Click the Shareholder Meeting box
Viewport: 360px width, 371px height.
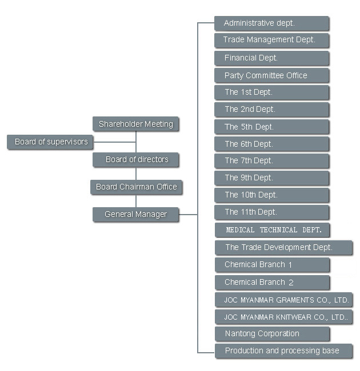coord(135,124)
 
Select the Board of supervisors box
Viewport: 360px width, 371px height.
coord(50,142)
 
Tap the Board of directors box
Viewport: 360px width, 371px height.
coord(136,159)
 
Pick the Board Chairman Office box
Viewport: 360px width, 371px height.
coord(136,187)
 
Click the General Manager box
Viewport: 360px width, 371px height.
coord(135,215)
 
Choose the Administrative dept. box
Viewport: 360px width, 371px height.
coord(271,23)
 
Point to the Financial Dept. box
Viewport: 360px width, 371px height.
coord(271,58)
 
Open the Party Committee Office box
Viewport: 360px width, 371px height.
coord(271,75)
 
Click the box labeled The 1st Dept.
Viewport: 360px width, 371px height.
coord(271,92)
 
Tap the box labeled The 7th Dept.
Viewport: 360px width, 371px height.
coord(271,161)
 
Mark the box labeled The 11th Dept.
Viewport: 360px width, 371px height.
coord(271,212)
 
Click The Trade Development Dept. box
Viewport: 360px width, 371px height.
coord(283,248)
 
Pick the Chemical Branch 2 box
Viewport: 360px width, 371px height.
coord(272,282)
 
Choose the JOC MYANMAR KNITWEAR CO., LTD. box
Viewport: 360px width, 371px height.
coord(283,317)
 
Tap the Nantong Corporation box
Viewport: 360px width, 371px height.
coord(272,334)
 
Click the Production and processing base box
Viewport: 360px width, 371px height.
coord(283,350)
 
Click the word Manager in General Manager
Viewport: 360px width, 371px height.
coord(151,215)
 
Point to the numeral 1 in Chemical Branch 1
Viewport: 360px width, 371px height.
coord(290,265)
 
